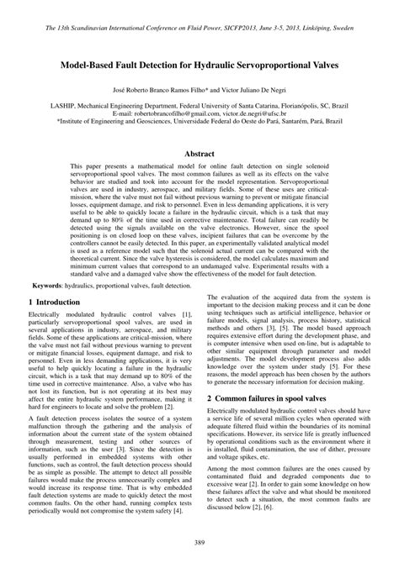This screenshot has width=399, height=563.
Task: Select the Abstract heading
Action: click(199, 155)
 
